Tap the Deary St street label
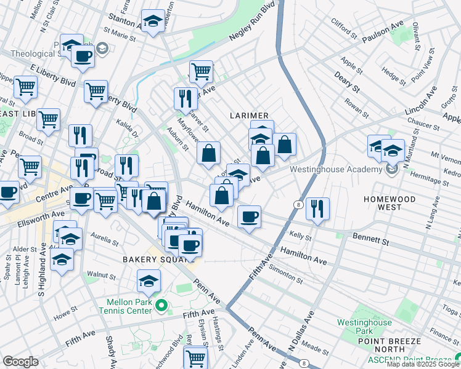pos(348,81)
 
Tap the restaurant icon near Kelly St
pos(317,208)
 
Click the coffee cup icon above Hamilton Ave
pos(249,216)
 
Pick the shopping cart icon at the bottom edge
pos(195,357)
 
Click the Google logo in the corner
pos(20,362)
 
